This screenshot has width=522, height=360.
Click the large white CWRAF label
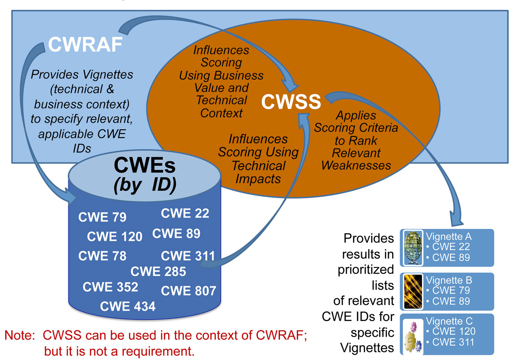pos(85,45)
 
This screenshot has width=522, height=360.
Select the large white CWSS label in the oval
pos(291,102)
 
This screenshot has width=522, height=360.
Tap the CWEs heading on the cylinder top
pos(145,165)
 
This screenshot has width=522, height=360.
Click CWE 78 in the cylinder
pos(102,256)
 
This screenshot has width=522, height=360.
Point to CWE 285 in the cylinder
pos(158,272)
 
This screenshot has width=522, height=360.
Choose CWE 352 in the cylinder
pos(110,287)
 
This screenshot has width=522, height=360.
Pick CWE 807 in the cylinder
pos(189,290)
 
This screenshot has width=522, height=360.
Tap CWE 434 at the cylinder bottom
pos(127,307)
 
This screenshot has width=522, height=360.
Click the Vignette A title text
pos(449,236)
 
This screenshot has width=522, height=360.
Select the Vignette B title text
pos(449,280)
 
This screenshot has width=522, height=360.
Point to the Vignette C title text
pos(449,321)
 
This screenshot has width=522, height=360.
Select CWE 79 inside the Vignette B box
pos(451,290)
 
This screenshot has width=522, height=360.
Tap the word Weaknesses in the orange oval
pos(356,165)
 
